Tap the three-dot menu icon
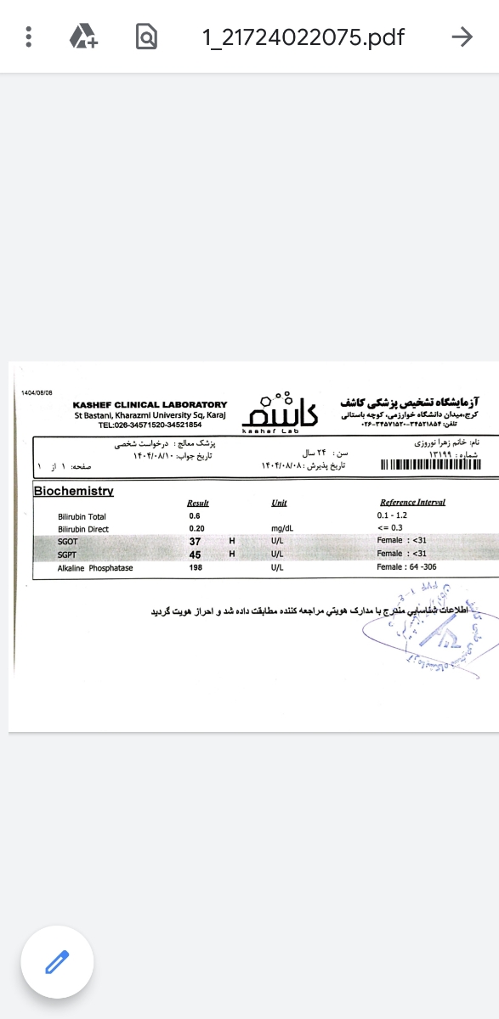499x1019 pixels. click(29, 37)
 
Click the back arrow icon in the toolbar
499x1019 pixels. click(462, 37)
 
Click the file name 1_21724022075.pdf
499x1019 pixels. click(303, 37)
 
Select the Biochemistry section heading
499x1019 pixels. click(73, 491)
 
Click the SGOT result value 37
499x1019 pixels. click(195, 541)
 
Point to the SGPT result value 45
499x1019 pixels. click(195, 555)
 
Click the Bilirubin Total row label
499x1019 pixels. click(82, 516)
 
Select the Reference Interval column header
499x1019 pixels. click(412, 503)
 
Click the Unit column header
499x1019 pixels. click(279, 503)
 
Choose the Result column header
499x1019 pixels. click(197, 503)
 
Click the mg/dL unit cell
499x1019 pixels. click(282, 529)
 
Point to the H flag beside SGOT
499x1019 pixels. click(231, 541)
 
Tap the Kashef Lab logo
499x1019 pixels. click(280, 412)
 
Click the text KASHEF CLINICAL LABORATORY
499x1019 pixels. click(150, 404)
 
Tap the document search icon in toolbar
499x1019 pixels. click(146, 37)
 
